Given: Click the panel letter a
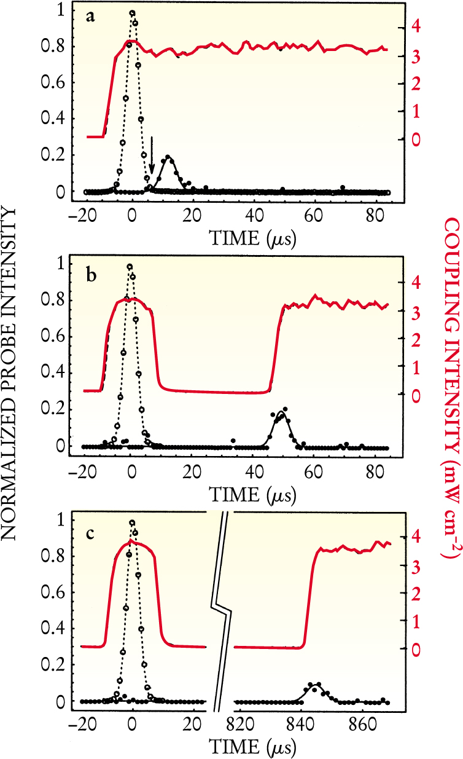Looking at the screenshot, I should click(x=90, y=17).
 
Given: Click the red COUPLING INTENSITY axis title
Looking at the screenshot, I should click(x=448, y=379).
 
